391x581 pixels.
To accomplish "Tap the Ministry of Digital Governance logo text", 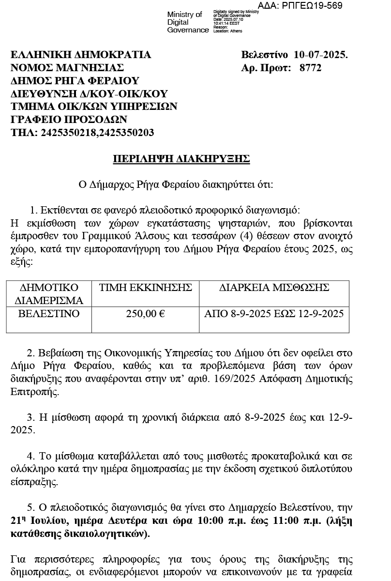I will click(188, 22).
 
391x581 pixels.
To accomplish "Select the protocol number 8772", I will click(310, 68).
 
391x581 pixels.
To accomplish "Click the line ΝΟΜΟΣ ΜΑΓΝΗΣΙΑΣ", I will click(67, 68).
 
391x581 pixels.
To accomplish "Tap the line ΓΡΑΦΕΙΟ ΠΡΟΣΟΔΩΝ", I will click(69, 119).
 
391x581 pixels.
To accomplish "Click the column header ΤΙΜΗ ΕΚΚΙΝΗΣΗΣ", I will click(146, 288).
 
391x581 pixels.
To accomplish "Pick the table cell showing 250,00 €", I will click(146, 314).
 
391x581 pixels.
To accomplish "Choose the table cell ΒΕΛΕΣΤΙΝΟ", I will click(49, 314).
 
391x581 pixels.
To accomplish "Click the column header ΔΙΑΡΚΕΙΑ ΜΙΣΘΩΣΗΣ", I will click(274, 288).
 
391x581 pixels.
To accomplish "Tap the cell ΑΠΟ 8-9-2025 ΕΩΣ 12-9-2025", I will click(274, 314).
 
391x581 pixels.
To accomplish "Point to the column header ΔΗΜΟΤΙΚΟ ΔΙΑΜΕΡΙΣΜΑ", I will click(49, 294).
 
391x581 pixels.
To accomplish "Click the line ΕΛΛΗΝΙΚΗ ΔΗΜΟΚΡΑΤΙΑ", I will click(81, 55).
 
